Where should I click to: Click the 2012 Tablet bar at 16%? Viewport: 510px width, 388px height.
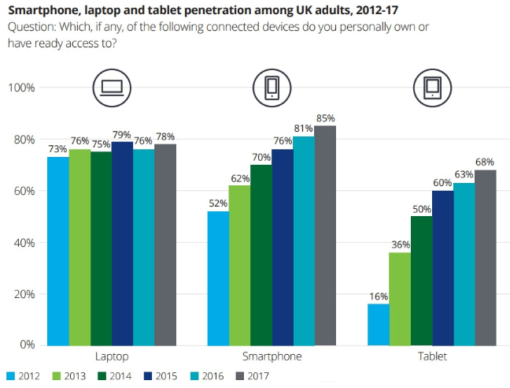pyautogui.click(x=379, y=324)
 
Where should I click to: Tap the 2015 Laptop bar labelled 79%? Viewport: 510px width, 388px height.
pyautogui.click(x=122, y=243)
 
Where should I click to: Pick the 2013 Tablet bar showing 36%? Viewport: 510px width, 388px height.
pyautogui.click(x=400, y=298)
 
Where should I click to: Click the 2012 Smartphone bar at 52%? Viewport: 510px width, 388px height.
pyautogui.click(x=218, y=278)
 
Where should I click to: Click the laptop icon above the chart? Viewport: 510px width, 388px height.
pyautogui.click(x=111, y=87)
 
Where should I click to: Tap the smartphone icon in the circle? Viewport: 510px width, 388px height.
pyautogui.click(x=272, y=87)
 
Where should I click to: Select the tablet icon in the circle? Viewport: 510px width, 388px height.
pyautogui.click(x=432, y=87)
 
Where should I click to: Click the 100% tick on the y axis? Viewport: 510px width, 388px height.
pyautogui.click(x=21, y=88)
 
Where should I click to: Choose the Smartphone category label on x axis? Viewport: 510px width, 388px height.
pyautogui.click(x=272, y=357)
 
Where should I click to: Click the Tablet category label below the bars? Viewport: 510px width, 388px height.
pyautogui.click(x=432, y=357)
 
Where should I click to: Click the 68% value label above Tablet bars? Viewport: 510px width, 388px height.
pyautogui.click(x=486, y=162)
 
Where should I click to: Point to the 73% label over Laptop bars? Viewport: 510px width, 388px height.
pyautogui.click(x=57, y=149)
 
